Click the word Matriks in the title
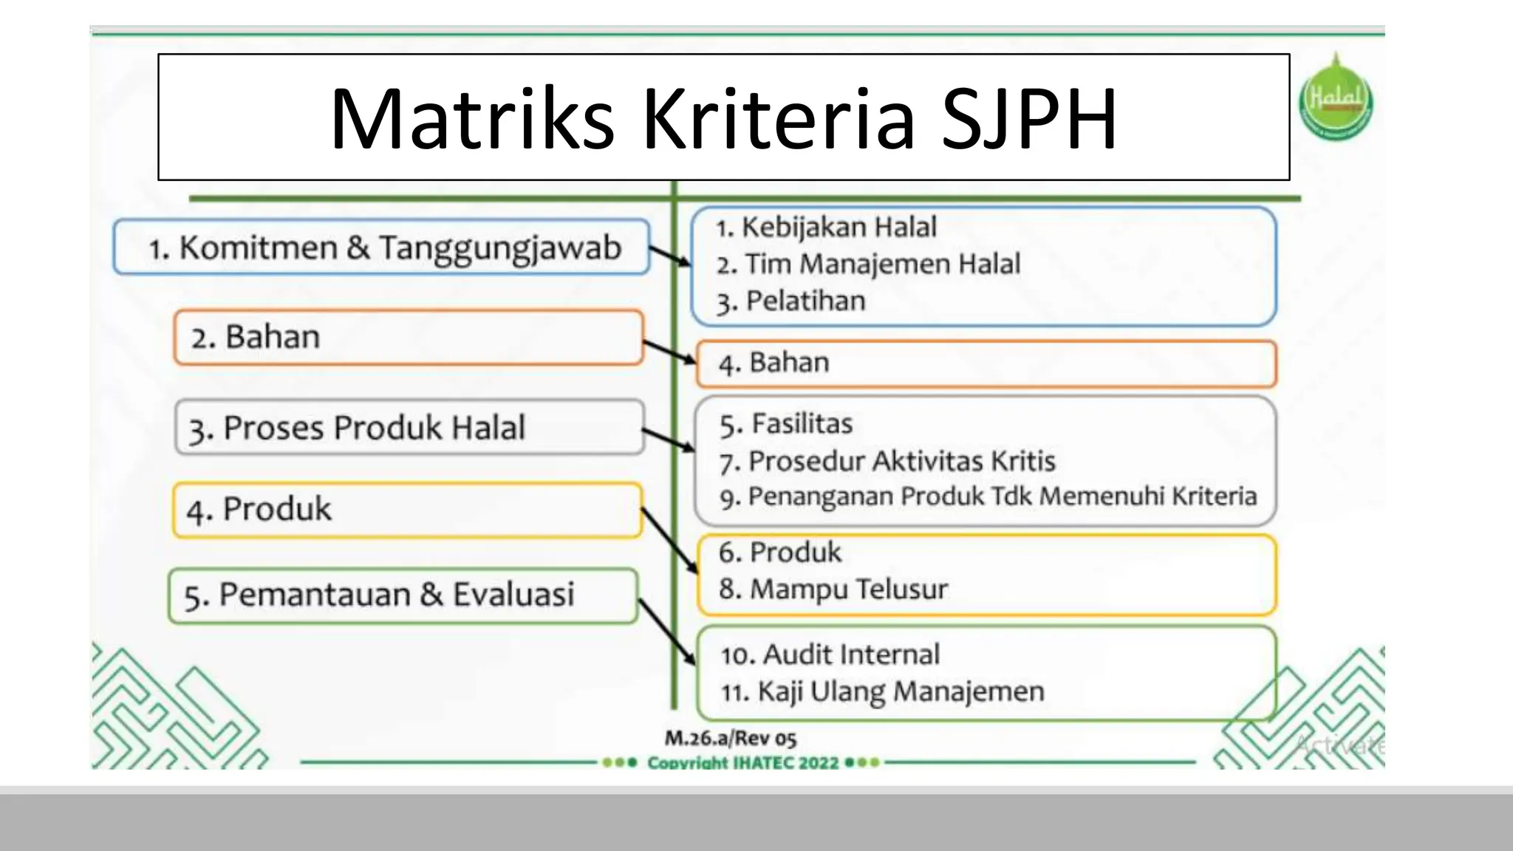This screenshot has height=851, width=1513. pyautogui.click(x=471, y=120)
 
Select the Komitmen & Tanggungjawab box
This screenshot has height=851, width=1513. pyautogui.click(x=382, y=247)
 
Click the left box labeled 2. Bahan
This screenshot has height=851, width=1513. pyautogui.click(x=408, y=338)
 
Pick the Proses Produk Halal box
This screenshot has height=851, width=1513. pyautogui.click(x=409, y=428)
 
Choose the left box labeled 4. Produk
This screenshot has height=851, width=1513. pyautogui.click(x=407, y=510)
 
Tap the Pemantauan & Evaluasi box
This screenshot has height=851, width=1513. pyautogui.click(x=403, y=595)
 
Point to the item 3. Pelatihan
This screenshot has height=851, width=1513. pyautogui.click(x=790, y=301)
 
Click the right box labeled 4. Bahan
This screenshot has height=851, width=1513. pyautogui.click(x=986, y=363)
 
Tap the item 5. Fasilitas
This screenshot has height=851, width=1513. pyautogui.click(x=786, y=424)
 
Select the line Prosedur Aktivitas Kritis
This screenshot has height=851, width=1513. pyautogui.click(x=887, y=462)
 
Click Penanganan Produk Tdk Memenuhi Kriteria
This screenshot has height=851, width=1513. pyautogui.click(x=988, y=496)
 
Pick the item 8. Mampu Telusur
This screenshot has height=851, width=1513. pyautogui.click(x=833, y=589)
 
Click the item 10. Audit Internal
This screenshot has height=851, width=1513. pyautogui.click(x=830, y=655)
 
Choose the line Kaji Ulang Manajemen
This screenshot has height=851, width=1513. pyautogui.click(x=883, y=692)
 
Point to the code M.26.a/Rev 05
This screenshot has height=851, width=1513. pyautogui.click(x=730, y=738)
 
